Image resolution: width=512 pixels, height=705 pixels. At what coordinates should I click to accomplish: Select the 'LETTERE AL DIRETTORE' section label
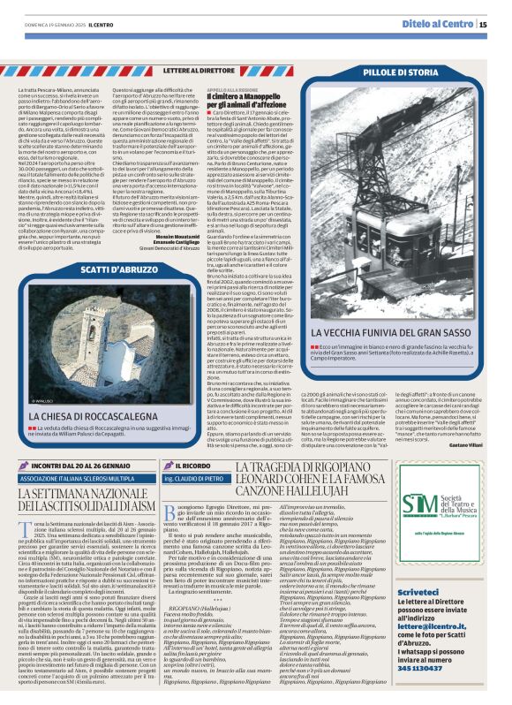199,69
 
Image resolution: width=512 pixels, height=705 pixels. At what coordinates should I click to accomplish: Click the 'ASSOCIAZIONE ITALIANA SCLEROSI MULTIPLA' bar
84,479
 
